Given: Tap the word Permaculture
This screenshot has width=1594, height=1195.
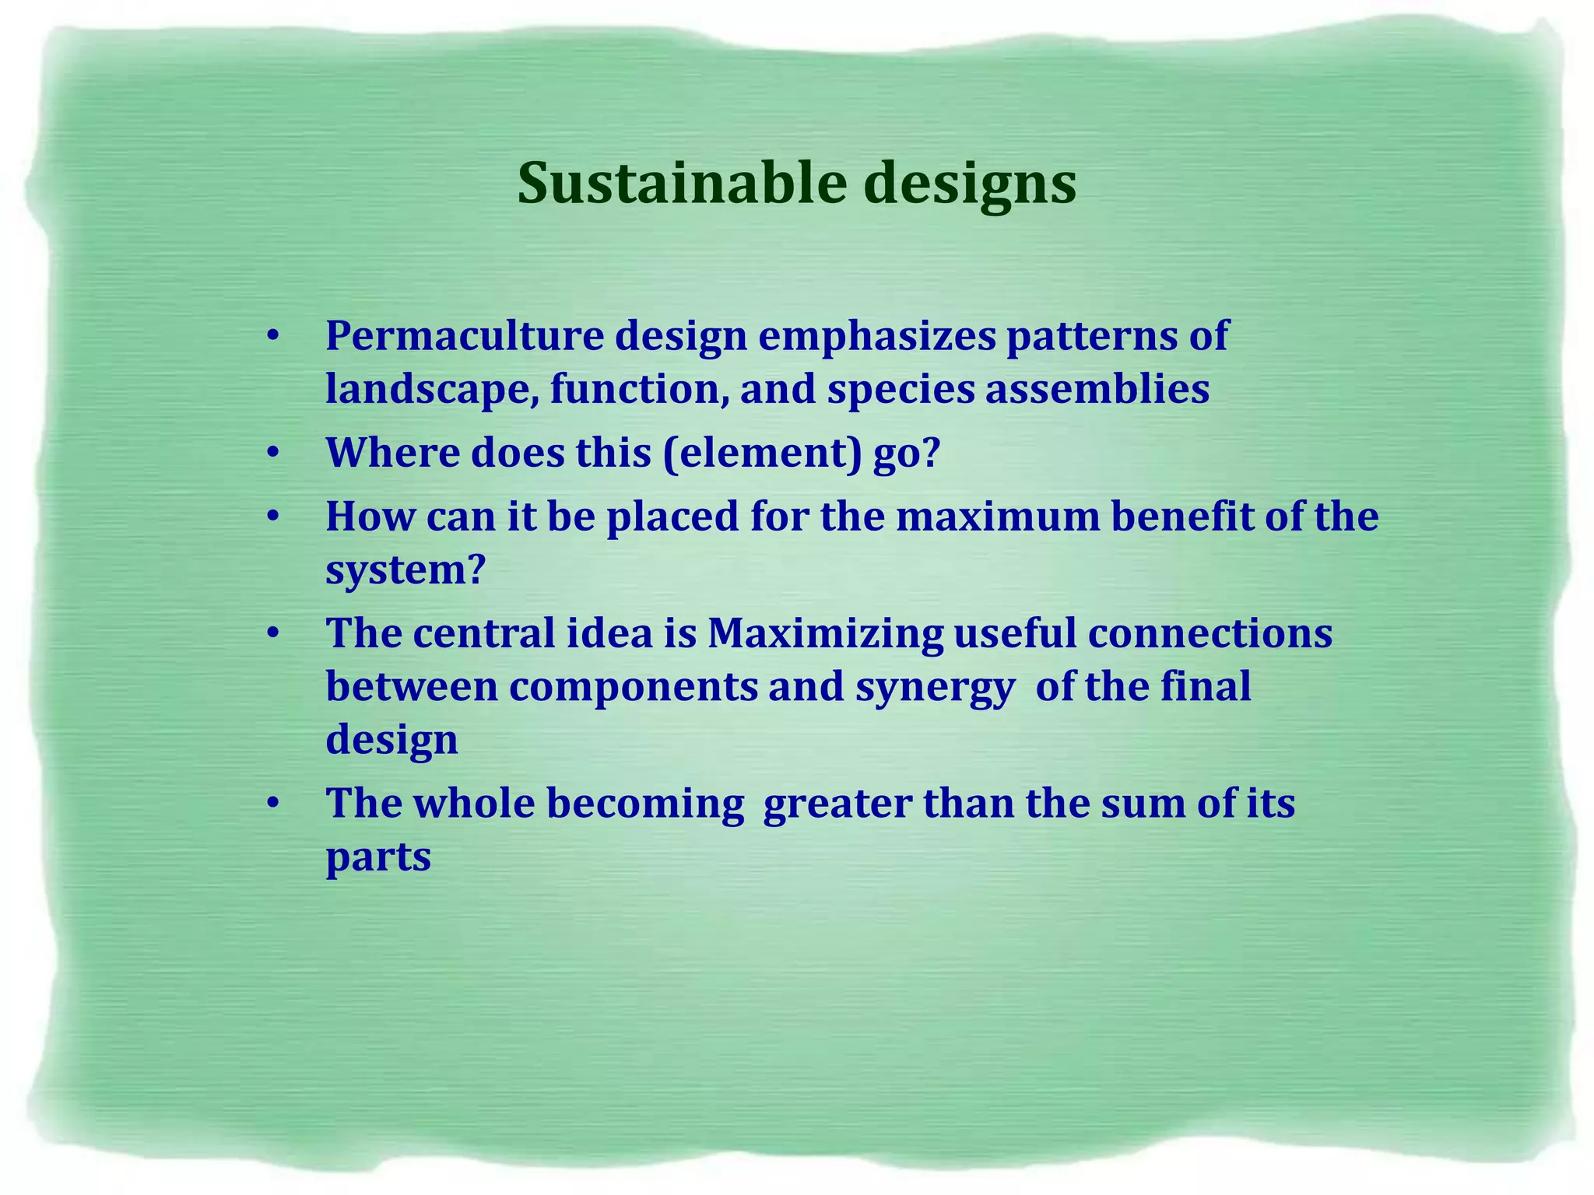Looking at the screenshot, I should [x=465, y=336].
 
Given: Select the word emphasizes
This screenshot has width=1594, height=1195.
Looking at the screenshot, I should [x=877, y=336].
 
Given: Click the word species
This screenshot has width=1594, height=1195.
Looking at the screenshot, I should [x=901, y=389].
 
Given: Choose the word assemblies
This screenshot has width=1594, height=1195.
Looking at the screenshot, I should [x=1097, y=389].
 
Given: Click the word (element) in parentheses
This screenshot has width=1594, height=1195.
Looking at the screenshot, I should [x=762, y=453].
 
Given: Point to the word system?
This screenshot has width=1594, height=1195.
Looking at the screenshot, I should [x=406, y=570].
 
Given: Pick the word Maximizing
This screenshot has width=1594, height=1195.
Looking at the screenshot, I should [x=824, y=633].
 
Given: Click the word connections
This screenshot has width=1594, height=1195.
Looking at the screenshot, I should [x=1210, y=633].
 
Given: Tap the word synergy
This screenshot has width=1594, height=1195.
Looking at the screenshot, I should [x=935, y=687].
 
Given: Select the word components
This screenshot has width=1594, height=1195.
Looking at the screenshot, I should [x=634, y=687].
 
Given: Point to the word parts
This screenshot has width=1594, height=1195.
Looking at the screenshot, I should [x=378, y=857].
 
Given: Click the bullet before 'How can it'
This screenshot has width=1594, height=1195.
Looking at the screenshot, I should [x=272, y=517].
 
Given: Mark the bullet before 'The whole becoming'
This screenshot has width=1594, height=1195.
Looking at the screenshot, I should [x=272, y=804].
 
